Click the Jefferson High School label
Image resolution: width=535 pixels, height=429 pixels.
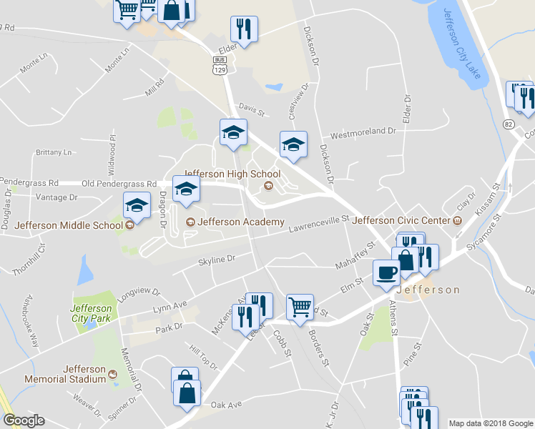click(232, 174)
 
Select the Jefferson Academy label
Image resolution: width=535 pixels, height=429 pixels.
click(240, 222)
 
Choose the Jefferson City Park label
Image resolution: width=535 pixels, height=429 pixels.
click(91, 313)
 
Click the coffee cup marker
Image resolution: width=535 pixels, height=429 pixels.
click(387, 272)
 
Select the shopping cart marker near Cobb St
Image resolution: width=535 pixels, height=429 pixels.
click(300, 307)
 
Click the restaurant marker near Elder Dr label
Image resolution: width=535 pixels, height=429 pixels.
click(244, 29)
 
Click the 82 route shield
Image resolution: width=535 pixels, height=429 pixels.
click(508, 124)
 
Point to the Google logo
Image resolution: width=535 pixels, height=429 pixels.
click(24, 421)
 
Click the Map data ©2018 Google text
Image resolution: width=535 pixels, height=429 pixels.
click(491, 423)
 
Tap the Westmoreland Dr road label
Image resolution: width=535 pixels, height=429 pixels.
click(363, 132)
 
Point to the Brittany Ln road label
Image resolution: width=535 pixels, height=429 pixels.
click(54, 152)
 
